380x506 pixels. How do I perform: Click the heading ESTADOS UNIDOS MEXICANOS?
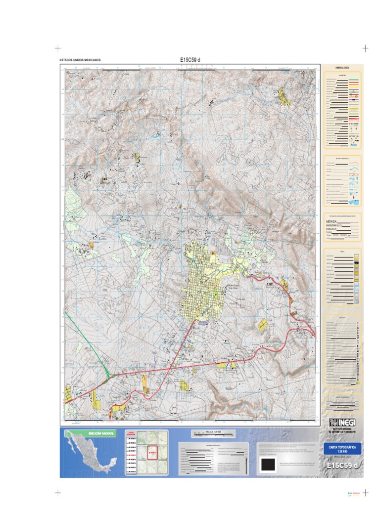coord(80,60)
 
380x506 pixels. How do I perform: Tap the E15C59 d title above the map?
coord(190,60)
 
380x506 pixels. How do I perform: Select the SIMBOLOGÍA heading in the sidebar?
coord(342,67)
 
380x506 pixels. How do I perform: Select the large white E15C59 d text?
coord(342,466)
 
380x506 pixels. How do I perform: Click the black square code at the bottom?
coord(268,465)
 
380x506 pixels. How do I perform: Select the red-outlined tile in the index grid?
coord(152,453)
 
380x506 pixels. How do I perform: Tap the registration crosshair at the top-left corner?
coord(57,48)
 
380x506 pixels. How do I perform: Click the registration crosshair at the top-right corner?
coord(366,48)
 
